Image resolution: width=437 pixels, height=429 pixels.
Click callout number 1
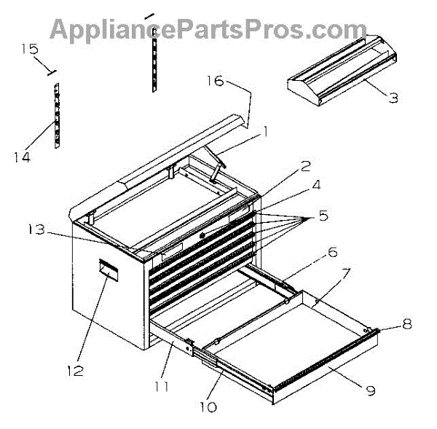click(x=265, y=132)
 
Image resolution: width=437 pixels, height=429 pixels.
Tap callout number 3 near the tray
click(x=393, y=97)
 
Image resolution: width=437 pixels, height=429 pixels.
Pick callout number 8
click(x=406, y=324)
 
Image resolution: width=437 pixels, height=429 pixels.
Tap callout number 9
click(x=370, y=390)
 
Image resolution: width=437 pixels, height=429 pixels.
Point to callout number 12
click(x=75, y=371)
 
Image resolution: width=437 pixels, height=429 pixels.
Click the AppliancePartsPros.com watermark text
click(x=208, y=30)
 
